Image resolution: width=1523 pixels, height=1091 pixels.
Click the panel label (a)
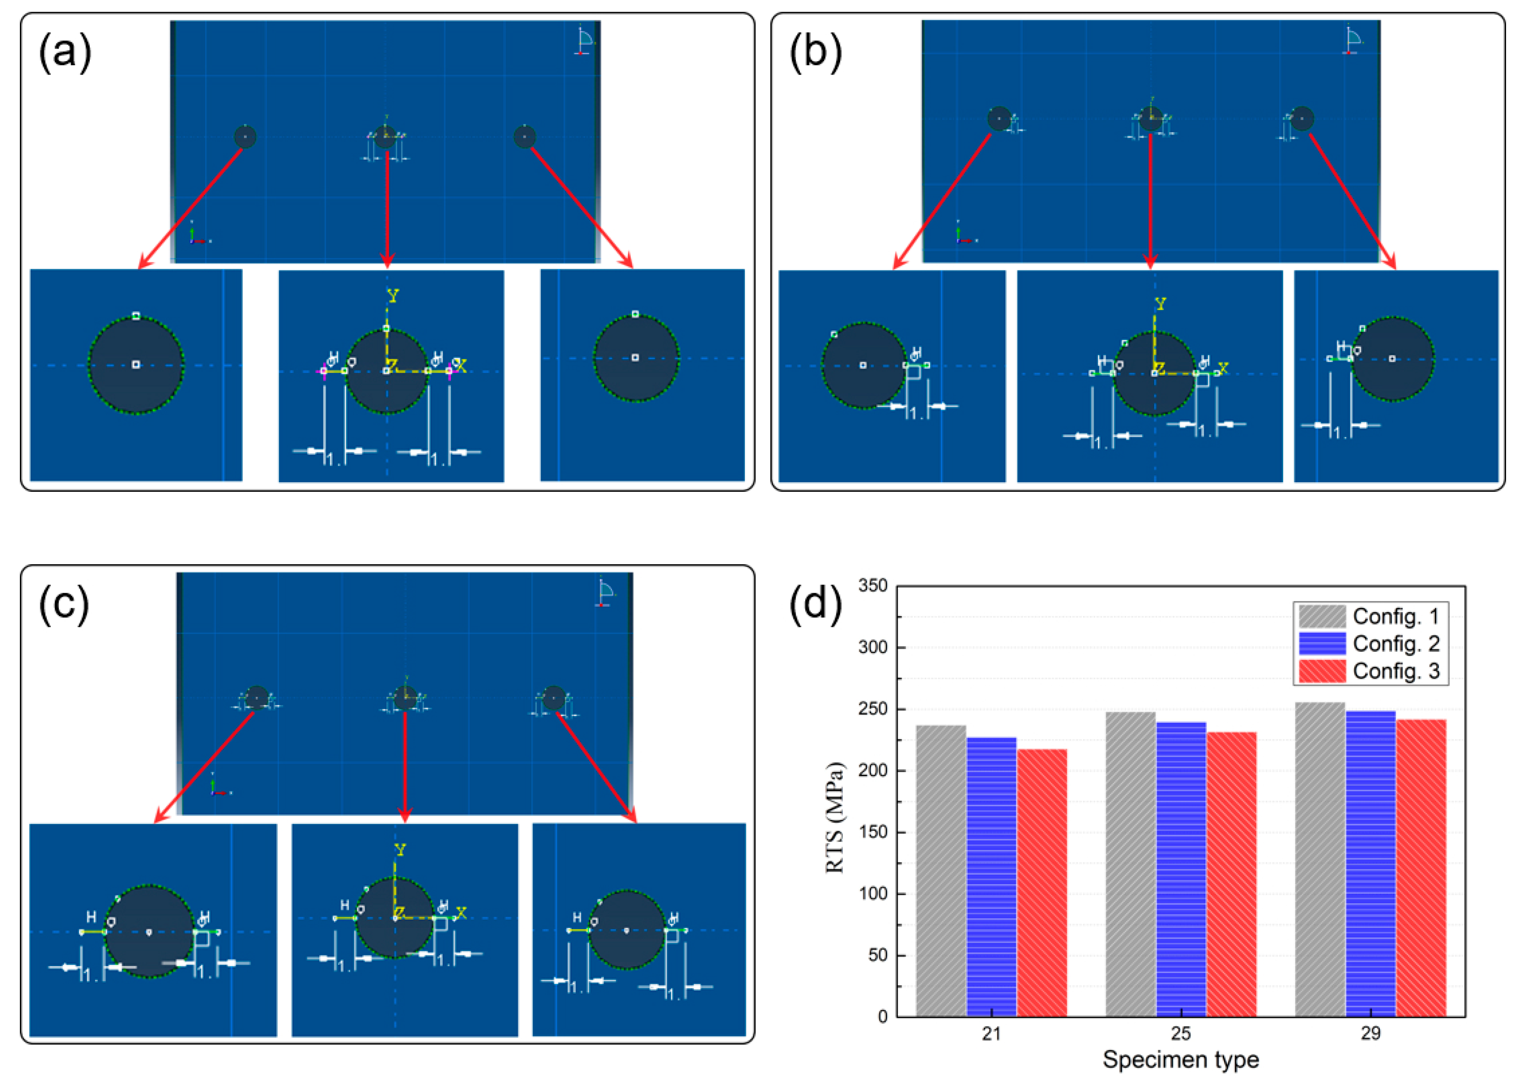65,52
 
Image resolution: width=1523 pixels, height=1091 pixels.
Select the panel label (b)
815,52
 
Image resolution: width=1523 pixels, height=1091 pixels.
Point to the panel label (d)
815,604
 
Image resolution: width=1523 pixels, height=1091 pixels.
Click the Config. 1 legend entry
1370,616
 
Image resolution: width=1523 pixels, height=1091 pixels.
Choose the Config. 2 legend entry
1370,643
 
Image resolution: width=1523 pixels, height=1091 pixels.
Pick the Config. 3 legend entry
1370,671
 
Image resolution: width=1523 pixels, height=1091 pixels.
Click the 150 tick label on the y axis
872,832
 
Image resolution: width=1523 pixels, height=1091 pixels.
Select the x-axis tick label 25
1180,1033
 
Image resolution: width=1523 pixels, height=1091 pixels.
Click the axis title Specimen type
1180,1059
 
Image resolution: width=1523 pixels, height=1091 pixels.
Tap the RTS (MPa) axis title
834,817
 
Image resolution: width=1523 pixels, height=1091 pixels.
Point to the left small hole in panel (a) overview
245,137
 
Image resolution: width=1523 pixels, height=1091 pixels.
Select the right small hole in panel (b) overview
1302,119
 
